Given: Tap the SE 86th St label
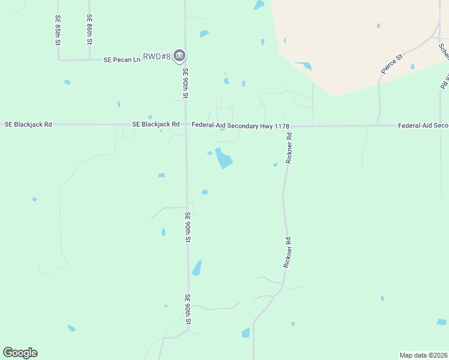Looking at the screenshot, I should (x=89, y=30).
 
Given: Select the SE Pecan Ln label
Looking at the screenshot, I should (x=121, y=59).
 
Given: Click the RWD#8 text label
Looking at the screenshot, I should (x=157, y=56).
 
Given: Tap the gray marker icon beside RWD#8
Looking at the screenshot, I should (x=179, y=56).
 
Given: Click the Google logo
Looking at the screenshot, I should (x=20, y=353).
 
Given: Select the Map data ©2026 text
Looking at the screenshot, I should (x=423, y=355).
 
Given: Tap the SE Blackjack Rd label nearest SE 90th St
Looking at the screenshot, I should (x=155, y=124).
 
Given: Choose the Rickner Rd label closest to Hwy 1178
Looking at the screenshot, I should (x=289, y=148).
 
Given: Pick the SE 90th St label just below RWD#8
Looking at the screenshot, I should (x=185, y=83).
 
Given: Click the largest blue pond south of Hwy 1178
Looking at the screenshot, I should (x=224, y=158).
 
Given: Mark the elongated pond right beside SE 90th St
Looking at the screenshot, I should (x=196, y=268).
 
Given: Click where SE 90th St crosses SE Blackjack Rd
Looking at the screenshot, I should (x=185, y=125).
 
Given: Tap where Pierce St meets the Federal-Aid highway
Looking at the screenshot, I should (x=378, y=125).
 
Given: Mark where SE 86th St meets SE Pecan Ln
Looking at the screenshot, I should (x=89, y=59).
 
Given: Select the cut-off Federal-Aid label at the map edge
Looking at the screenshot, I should (x=423, y=125).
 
